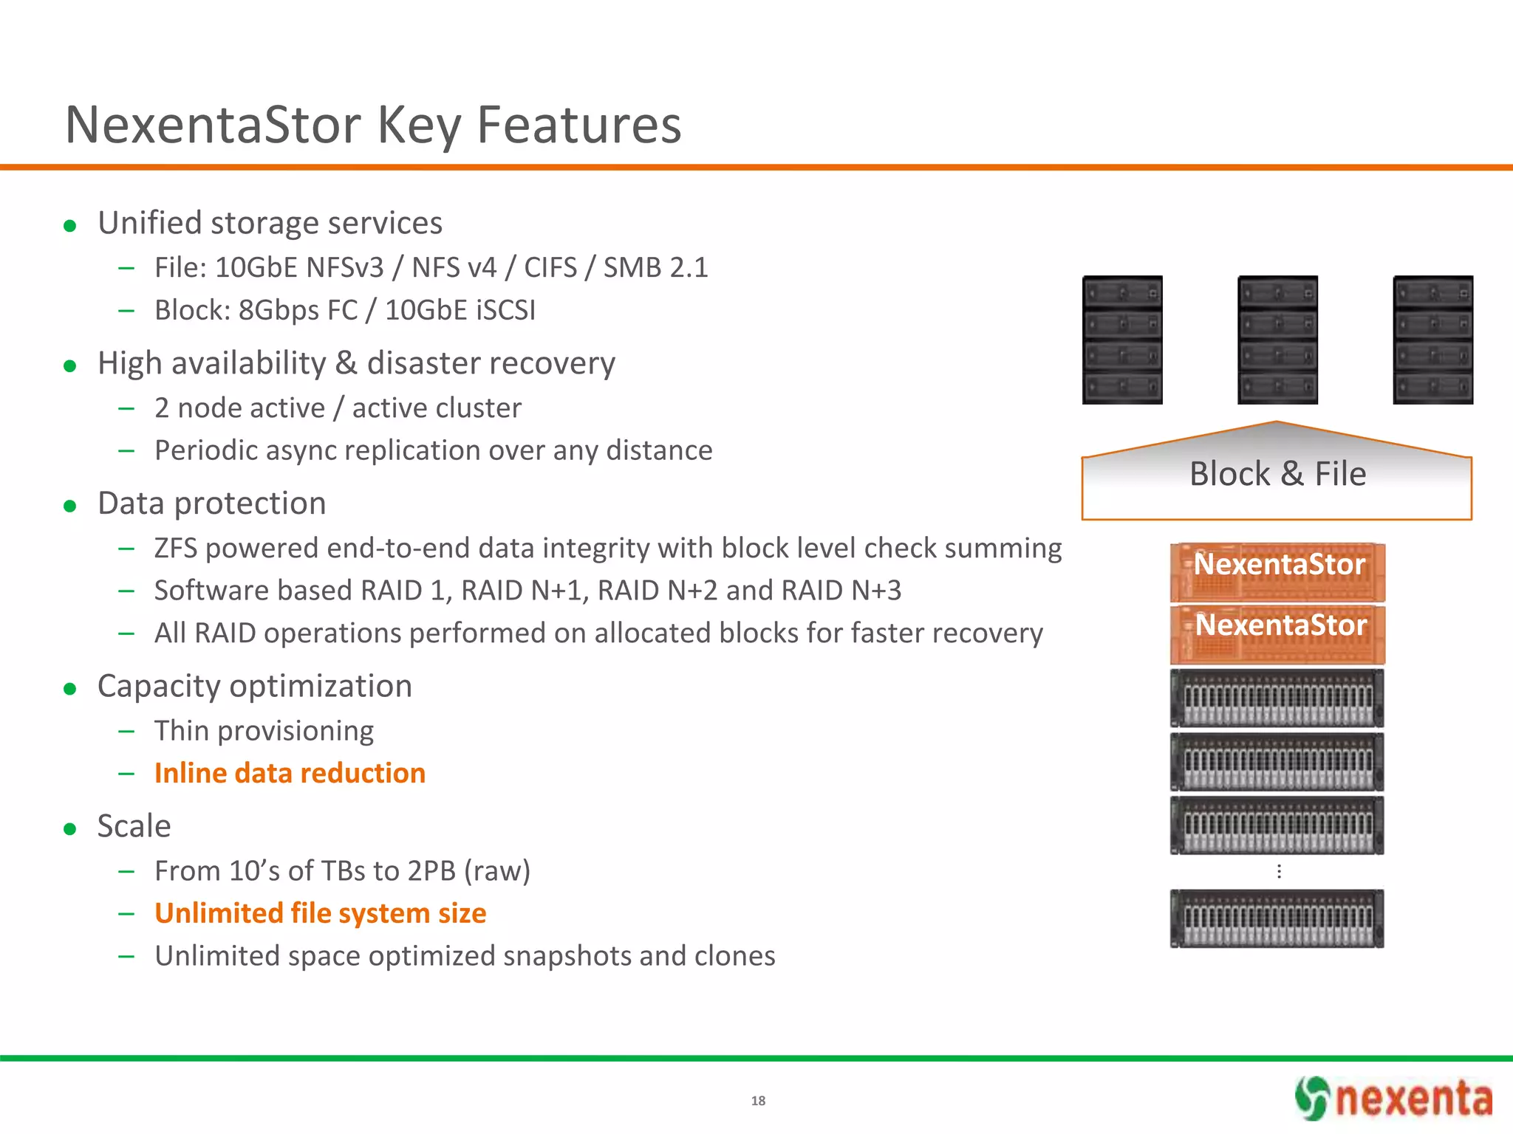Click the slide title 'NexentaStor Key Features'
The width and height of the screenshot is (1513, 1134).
pos(373,126)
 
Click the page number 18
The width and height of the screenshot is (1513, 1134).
pos(758,1101)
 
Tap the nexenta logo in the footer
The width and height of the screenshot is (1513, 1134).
pos(1393,1099)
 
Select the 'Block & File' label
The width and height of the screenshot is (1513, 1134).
pos(1277,474)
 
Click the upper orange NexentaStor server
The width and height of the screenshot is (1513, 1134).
pos(1277,573)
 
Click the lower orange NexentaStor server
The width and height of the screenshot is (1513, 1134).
pos(1277,635)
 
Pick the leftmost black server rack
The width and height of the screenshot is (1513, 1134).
pos(1122,340)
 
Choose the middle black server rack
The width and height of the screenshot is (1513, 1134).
pos(1277,340)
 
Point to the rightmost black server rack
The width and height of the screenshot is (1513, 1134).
pos(1432,340)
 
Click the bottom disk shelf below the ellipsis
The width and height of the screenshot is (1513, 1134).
pos(1277,918)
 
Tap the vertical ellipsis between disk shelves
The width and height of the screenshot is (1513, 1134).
pos(1279,872)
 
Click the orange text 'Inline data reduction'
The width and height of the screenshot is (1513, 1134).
pos(290,773)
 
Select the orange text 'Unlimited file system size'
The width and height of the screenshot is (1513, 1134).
pos(321,913)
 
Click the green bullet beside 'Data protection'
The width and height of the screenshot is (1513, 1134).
pos(70,506)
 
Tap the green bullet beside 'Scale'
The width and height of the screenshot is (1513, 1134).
pos(70,829)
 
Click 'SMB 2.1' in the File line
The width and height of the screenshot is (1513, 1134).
pos(655,267)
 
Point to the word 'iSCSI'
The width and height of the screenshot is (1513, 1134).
pos(506,310)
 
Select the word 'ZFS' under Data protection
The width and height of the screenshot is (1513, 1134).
pos(176,549)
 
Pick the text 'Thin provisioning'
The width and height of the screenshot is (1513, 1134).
pos(264,731)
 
